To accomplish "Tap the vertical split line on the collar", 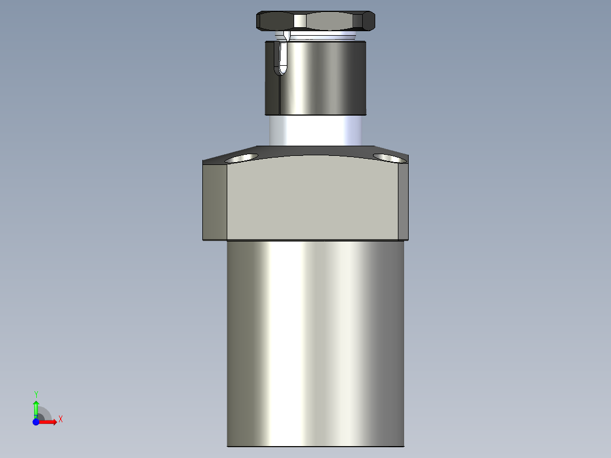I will point(280,94).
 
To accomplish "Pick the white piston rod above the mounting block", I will point(315,129).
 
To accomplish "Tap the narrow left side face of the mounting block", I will point(215,201).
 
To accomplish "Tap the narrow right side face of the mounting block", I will point(403,201).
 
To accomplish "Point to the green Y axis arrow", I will point(36,407).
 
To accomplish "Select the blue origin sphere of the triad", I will point(36,422).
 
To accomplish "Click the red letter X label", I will point(60,419).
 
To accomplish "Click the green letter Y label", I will point(36,394).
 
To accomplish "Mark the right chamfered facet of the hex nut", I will point(369,22).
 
